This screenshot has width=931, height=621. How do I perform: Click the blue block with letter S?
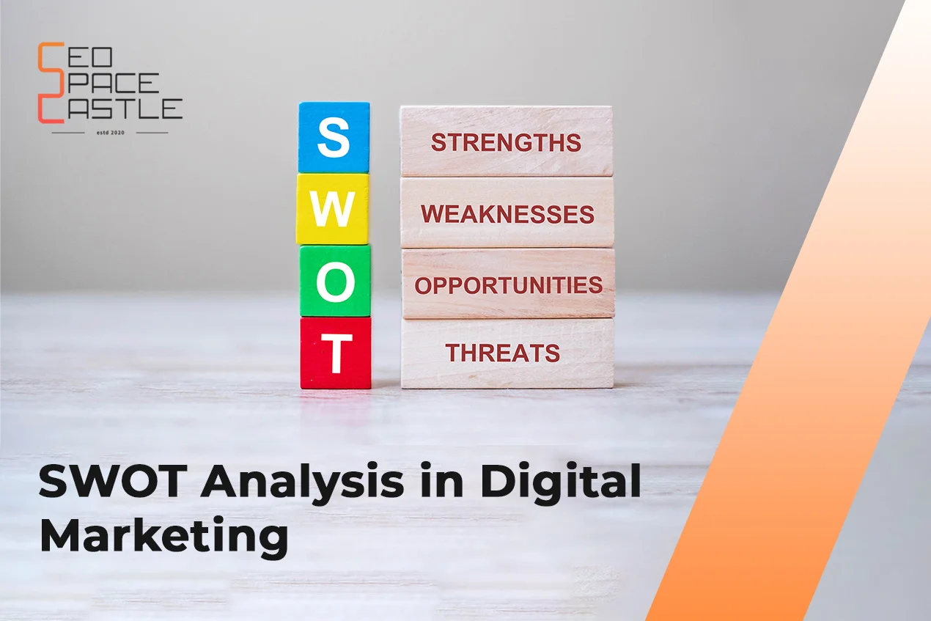click(334, 137)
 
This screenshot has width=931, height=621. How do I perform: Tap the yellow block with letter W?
click(333, 209)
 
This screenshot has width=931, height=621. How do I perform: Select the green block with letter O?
click(335, 281)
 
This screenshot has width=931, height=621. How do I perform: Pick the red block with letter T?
click(336, 353)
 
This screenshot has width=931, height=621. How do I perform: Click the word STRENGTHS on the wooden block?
click(506, 142)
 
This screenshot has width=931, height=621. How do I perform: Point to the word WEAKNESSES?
click(507, 214)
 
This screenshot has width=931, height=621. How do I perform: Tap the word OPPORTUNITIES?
click(508, 285)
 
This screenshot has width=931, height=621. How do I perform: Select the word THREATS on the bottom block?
click(502, 353)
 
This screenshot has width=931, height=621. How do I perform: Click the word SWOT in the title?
click(113, 482)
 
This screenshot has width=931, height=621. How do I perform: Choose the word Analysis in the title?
click(302, 484)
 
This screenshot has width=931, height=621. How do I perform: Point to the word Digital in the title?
click(561, 482)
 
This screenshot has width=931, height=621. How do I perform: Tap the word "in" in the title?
click(442, 482)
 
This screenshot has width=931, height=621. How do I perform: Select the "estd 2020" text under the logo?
click(111, 133)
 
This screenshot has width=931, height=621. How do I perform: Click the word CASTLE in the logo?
click(110, 109)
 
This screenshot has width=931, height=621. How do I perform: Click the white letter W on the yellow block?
click(333, 209)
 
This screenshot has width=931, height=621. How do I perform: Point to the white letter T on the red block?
click(336, 353)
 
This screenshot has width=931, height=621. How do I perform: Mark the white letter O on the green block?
click(336, 282)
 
